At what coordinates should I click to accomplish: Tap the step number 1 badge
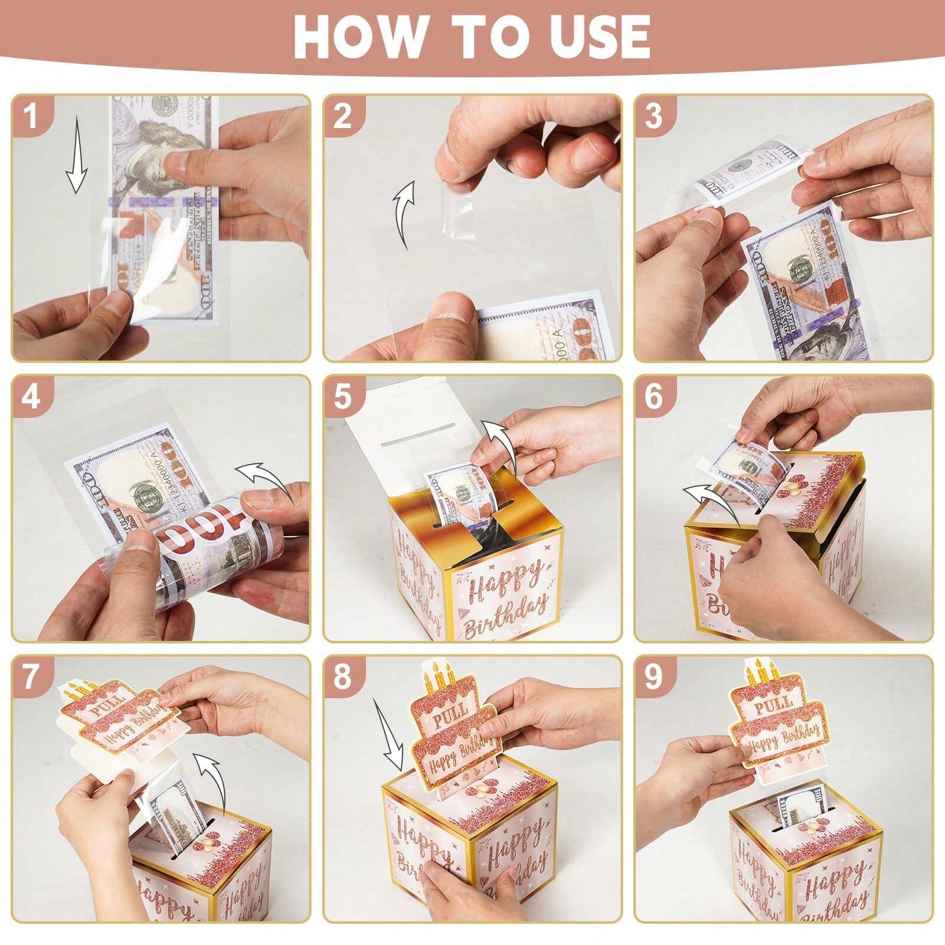click(31, 116)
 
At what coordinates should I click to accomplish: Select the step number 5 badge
click(343, 396)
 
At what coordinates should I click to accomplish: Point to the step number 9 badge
click(653, 676)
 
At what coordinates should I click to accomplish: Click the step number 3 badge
click(653, 116)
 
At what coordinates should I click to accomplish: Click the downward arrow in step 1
click(76, 153)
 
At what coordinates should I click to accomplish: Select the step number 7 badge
click(31, 676)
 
